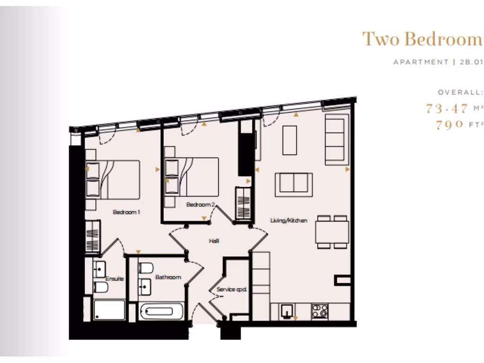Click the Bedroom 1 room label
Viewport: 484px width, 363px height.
(126, 212)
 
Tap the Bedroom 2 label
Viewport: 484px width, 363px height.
(200, 205)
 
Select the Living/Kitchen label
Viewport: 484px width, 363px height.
(289, 220)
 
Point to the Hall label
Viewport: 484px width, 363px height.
(214, 241)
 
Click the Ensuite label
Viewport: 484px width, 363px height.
(114, 278)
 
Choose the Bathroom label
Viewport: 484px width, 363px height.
(168, 277)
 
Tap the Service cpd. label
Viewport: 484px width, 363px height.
(232, 289)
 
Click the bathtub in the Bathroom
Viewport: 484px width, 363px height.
(162, 312)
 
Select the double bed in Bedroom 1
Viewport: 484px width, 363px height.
(113, 179)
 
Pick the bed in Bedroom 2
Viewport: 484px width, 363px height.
(191, 176)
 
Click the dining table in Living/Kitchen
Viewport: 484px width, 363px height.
(332, 232)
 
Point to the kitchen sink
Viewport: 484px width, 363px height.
(286, 311)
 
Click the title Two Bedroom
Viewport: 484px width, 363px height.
(422, 39)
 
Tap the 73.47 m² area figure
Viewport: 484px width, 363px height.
(447, 108)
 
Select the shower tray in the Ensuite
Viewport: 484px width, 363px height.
(109, 310)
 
